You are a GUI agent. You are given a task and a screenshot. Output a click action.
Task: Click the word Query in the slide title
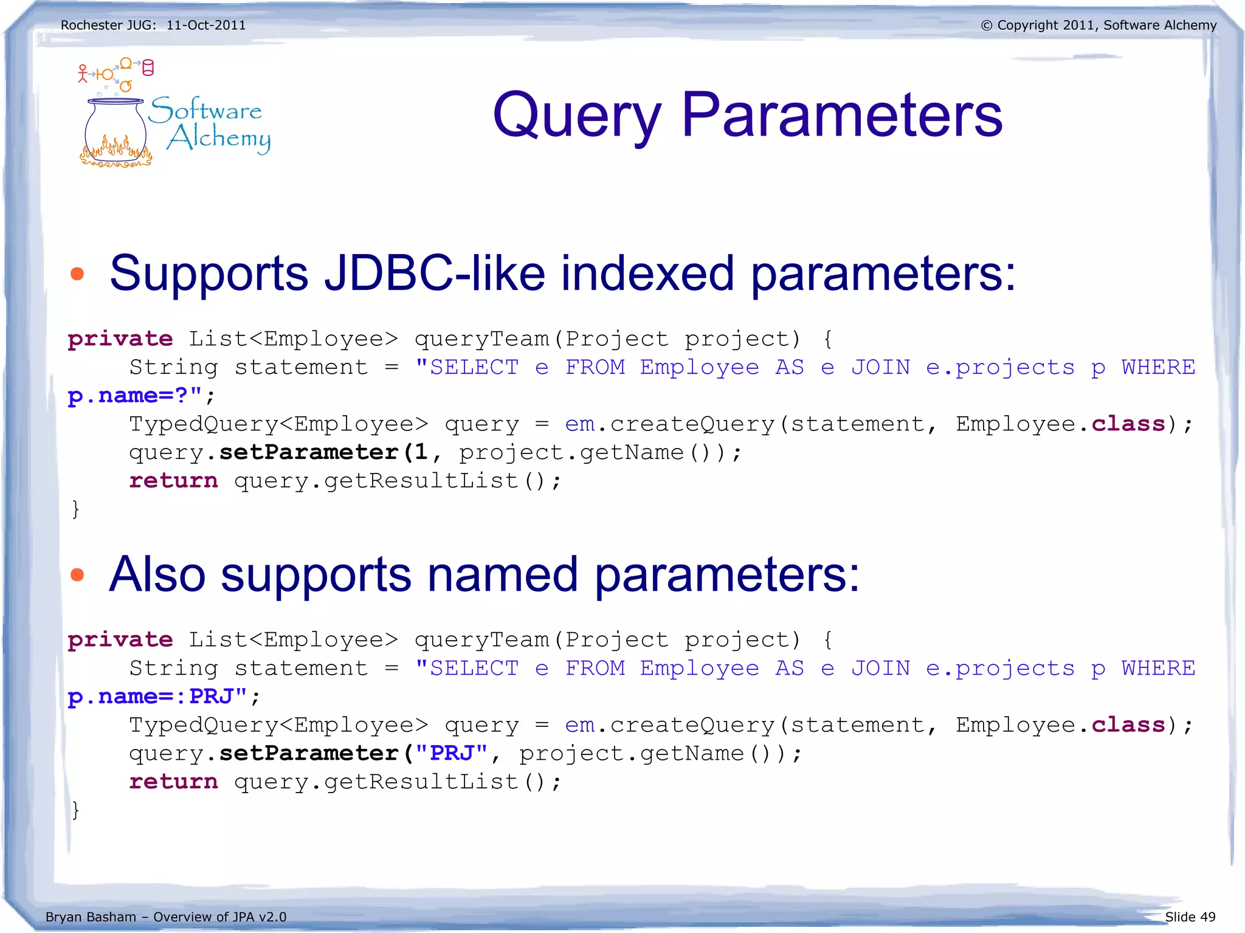tap(576, 115)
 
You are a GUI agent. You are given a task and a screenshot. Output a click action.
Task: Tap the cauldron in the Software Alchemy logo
tap(116, 131)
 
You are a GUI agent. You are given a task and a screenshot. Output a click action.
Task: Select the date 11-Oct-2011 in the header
tap(206, 26)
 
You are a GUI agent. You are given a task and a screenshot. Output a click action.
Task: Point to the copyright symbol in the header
tap(987, 26)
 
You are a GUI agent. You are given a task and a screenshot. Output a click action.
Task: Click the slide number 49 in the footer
tap(1207, 917)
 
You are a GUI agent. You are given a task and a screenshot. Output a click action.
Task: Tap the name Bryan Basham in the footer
tap(91, 917)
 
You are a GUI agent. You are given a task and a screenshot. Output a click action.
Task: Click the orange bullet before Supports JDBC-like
tap(77, 274)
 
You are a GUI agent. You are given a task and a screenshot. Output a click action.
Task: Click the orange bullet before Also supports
tap(77, 574)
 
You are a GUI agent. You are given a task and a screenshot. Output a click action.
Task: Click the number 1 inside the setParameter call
tap(421, 452)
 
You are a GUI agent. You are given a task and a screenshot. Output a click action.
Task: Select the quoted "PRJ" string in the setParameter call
tap(452, 753)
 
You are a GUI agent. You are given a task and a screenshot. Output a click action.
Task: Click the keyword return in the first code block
tap(173, 481)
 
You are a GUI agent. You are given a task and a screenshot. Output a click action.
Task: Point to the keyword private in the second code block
tap(120, 639)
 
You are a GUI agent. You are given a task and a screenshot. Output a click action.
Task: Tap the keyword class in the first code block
tap(1128, 424)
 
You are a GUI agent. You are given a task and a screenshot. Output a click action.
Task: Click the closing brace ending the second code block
tap(75, 810)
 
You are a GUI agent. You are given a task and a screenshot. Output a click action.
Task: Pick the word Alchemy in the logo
tap(219, 138)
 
